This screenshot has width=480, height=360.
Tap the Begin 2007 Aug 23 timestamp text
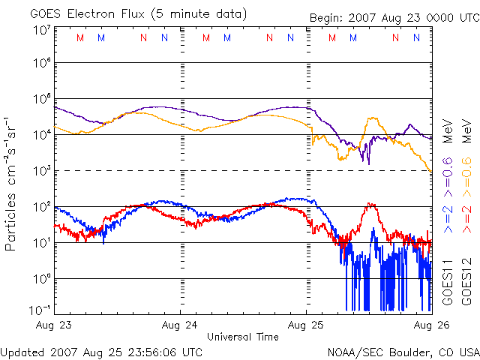click(394, 18)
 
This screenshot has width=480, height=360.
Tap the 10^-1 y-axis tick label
click(40, 310)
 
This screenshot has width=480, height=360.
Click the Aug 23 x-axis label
click(54, 326)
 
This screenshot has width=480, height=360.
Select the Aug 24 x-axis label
click(181, 326)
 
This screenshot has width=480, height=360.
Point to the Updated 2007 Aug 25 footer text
click(101, 352)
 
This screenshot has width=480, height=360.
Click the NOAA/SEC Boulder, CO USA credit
click(403, 352)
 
